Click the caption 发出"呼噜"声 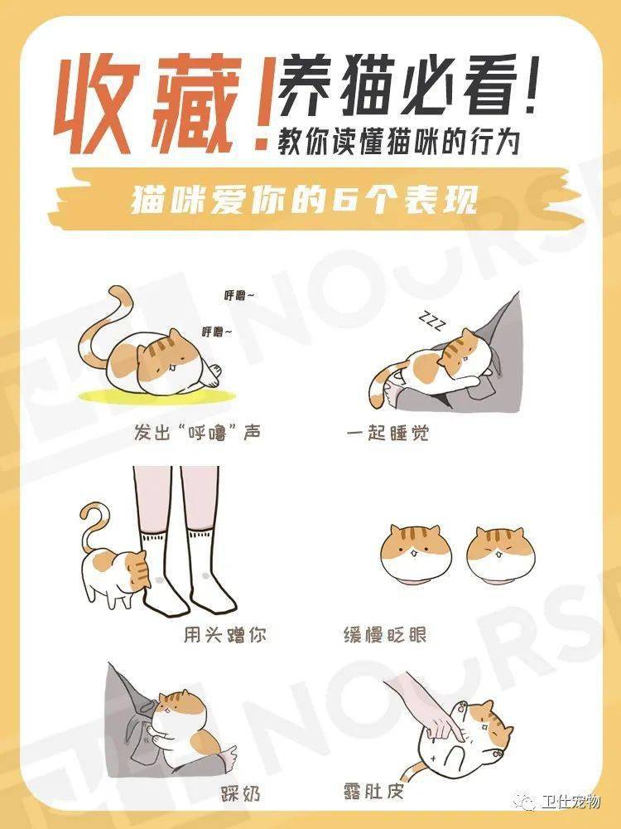click(197, 433)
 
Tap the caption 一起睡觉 click(388, 433)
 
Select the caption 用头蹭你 click(225, 634)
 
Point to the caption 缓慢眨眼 click(385, 634)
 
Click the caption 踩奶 click(240, 793)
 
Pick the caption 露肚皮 click(373, 792)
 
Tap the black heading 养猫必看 click(402, 87)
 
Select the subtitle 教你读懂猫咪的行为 click(399, 141)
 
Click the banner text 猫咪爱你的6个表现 click(304, 201)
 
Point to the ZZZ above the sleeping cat click(432, 321)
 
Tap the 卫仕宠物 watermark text click(570, 802)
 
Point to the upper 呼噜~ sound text click(239, 295)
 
